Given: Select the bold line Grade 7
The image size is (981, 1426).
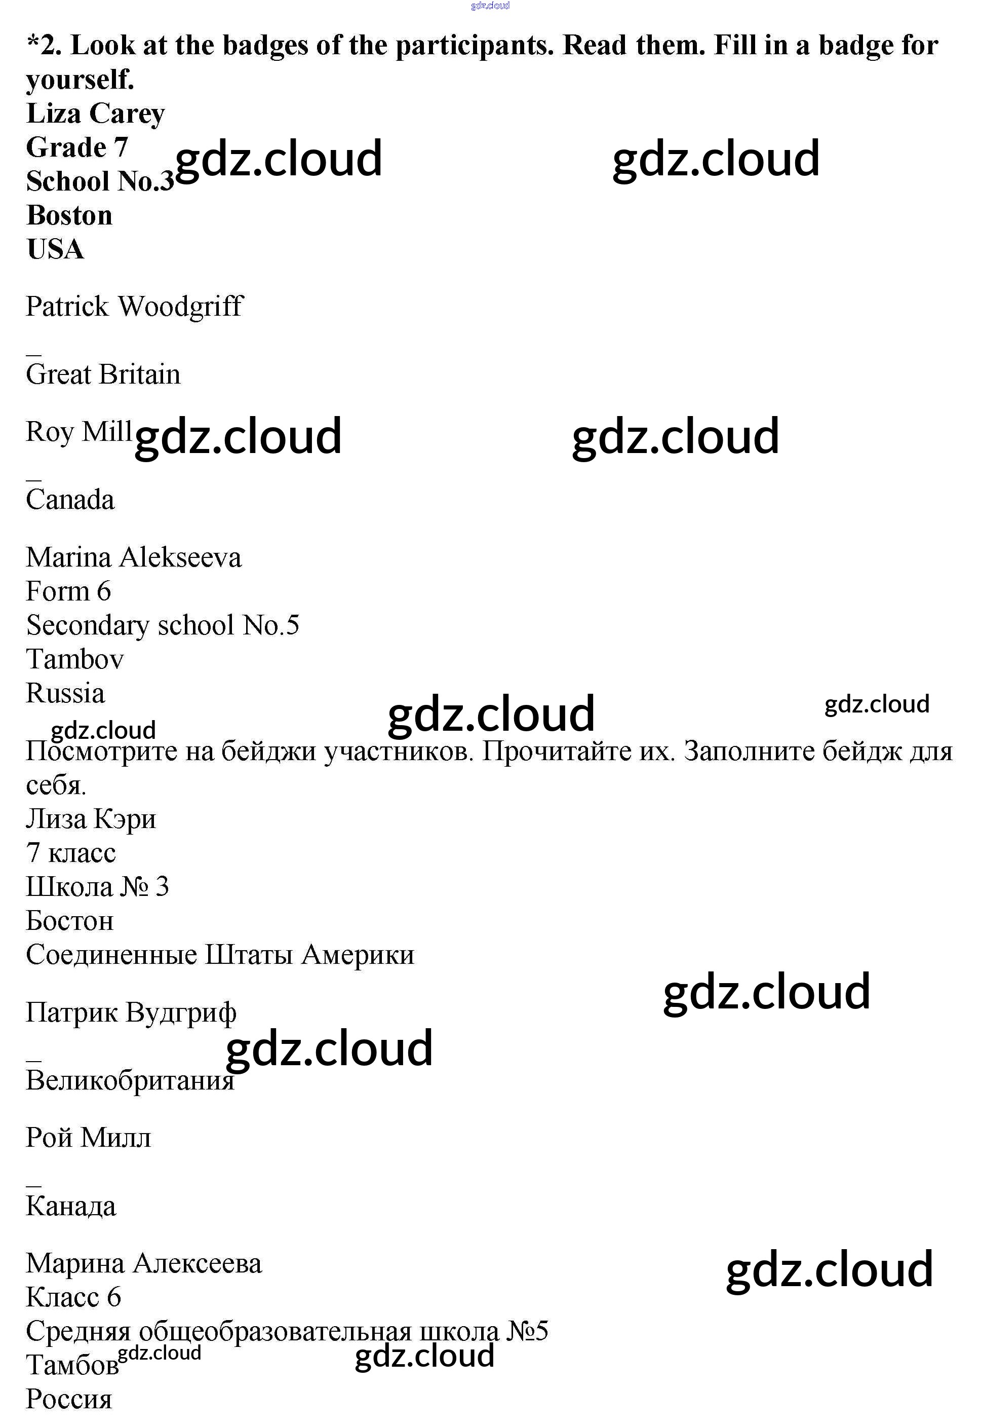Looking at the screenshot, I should click(x=77, y=148).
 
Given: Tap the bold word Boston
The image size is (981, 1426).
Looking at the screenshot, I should click(x=69, y=216).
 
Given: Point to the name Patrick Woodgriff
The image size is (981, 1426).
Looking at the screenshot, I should click(x=134, y=306).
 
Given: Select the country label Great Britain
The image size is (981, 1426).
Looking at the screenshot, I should click(x=103, y=374).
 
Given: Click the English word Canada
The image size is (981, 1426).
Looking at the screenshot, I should click(x=70, y=499).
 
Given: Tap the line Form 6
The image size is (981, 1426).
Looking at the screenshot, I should click(x=68, y=591).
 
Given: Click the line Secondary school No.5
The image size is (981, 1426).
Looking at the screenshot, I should click(x=162, y=625).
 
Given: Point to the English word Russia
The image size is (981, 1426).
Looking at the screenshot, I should click(x=65, y=694).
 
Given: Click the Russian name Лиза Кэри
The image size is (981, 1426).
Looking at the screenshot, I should click(x=91, y=819).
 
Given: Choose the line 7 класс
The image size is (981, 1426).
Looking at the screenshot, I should click(x=71, y=853).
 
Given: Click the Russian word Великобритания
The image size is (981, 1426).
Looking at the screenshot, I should click(x=130, y=1080).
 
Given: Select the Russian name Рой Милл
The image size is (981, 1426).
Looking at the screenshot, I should click(x=88, y=1138).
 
